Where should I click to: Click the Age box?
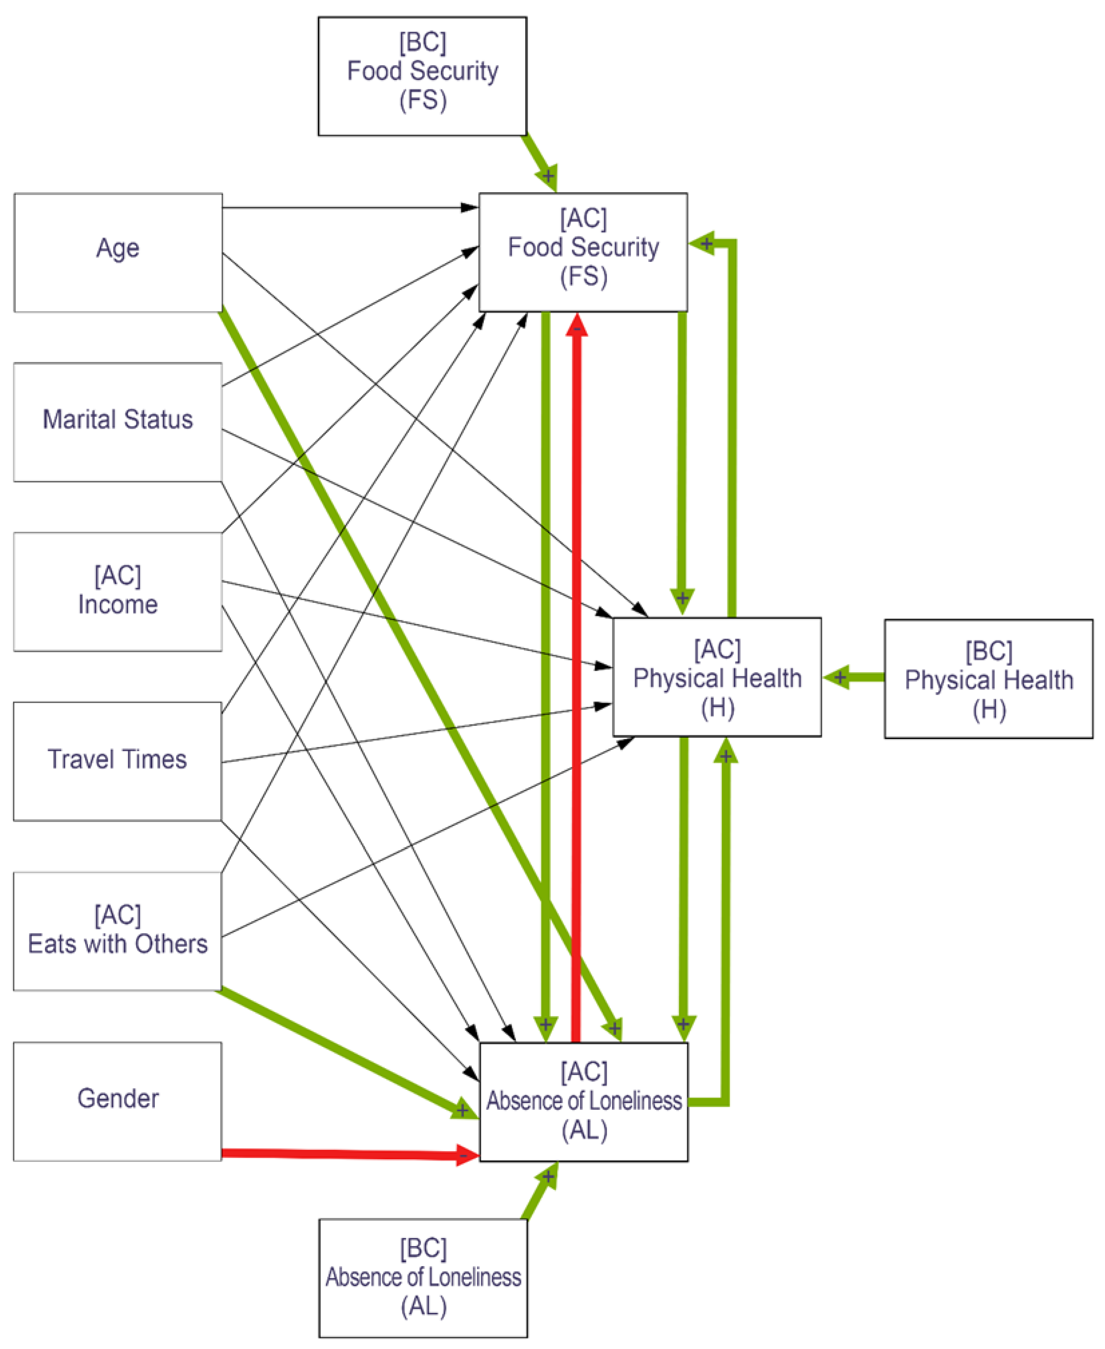click(x=118, y=253)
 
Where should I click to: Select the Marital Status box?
click(x=118, y=422)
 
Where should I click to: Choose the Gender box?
click(x=118, y=1101)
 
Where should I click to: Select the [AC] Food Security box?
click(x=583, y=253)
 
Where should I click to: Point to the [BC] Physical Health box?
click(x=988, y=679)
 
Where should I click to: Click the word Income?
click(x=118, y=604)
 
